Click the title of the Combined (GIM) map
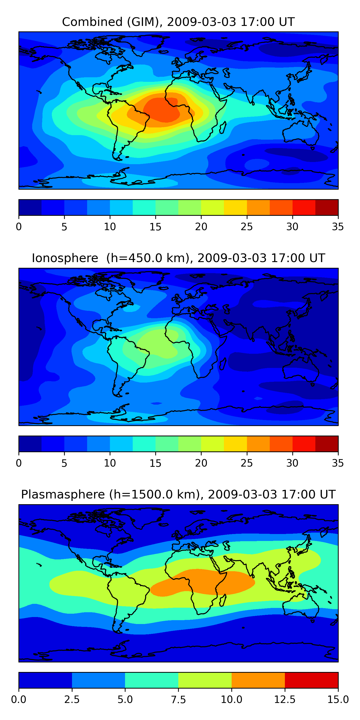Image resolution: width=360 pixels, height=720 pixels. (178, 22)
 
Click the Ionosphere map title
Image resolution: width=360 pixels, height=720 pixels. (178, 258)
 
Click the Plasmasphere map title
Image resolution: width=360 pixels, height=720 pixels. (178, 494)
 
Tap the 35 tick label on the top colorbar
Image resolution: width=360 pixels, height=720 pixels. (338, 227)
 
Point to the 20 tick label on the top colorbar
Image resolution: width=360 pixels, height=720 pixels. (201, 227)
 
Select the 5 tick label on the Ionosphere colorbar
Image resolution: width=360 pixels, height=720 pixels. (64, 463)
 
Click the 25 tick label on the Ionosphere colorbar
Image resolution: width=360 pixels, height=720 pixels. (246, 463)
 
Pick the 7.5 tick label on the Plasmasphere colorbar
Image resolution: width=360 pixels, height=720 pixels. (178, 700)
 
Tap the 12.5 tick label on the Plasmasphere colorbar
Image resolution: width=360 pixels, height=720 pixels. (285, 700)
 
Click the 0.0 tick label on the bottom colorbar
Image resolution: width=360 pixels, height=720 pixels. (19, 700)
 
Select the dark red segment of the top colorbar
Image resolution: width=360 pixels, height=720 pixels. (326, 207)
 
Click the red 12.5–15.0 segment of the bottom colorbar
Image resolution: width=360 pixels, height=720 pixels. (311, 680)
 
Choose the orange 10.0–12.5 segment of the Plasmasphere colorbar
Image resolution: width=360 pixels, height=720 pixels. (258, 680)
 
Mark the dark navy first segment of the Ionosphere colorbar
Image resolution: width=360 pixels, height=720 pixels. (30, 444)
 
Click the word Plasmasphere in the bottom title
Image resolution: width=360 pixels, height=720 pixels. (63, 494)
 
